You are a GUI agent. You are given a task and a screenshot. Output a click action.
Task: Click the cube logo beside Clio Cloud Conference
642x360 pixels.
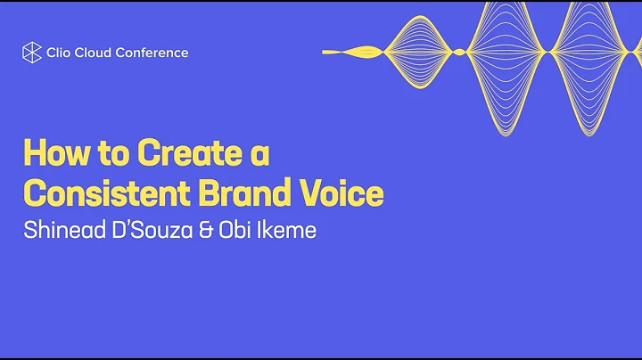click(x=31, y=52)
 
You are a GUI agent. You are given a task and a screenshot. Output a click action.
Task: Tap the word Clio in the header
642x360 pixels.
click(x=60, y=52)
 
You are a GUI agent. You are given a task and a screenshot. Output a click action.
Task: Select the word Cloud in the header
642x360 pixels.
click(x=95, y=52)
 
